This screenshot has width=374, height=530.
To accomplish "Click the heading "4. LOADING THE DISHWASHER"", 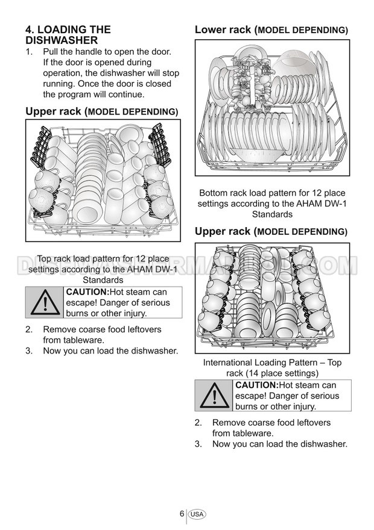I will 68,34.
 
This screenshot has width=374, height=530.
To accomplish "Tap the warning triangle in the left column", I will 44,302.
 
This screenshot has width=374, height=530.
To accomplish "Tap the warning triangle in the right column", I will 213,395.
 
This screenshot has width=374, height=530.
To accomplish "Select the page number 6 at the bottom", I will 182,514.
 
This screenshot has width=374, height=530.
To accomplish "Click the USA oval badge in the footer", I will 197,514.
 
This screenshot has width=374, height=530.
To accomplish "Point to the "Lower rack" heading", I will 271,30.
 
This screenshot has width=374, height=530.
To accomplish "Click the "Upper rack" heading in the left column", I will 101,111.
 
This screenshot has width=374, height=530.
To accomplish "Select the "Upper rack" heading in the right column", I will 271,231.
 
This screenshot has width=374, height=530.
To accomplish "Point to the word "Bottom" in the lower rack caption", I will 214,193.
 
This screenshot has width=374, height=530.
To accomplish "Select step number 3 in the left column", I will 28,351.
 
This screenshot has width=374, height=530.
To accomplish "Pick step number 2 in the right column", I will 197,423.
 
